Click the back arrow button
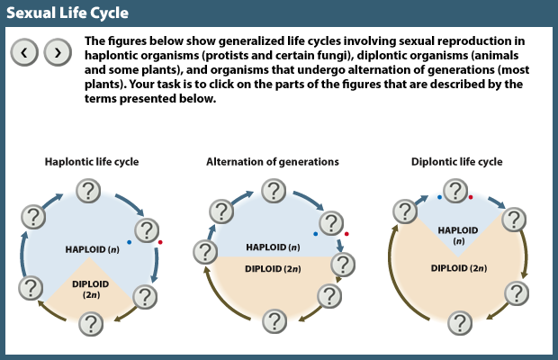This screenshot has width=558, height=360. pos(24,52)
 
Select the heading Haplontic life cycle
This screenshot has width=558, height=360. pos(92,162)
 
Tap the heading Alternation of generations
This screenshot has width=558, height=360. pos(273,162)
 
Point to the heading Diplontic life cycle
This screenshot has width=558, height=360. pos(456,162)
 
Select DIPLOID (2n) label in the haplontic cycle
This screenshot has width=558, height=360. pos(92,289)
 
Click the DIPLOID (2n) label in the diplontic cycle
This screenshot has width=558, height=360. pos(460,267)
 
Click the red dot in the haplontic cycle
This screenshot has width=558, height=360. pos(160,243)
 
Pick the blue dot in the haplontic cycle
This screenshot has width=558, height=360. pos(129,243)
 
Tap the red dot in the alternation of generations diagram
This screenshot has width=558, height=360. pos(346,234)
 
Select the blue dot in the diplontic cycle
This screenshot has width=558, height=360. pos(439,196)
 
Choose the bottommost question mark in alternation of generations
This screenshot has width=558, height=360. pos(274,321)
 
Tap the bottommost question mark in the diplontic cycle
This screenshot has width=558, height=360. pos(460,321)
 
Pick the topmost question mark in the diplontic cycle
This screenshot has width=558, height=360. pos(456,190)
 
